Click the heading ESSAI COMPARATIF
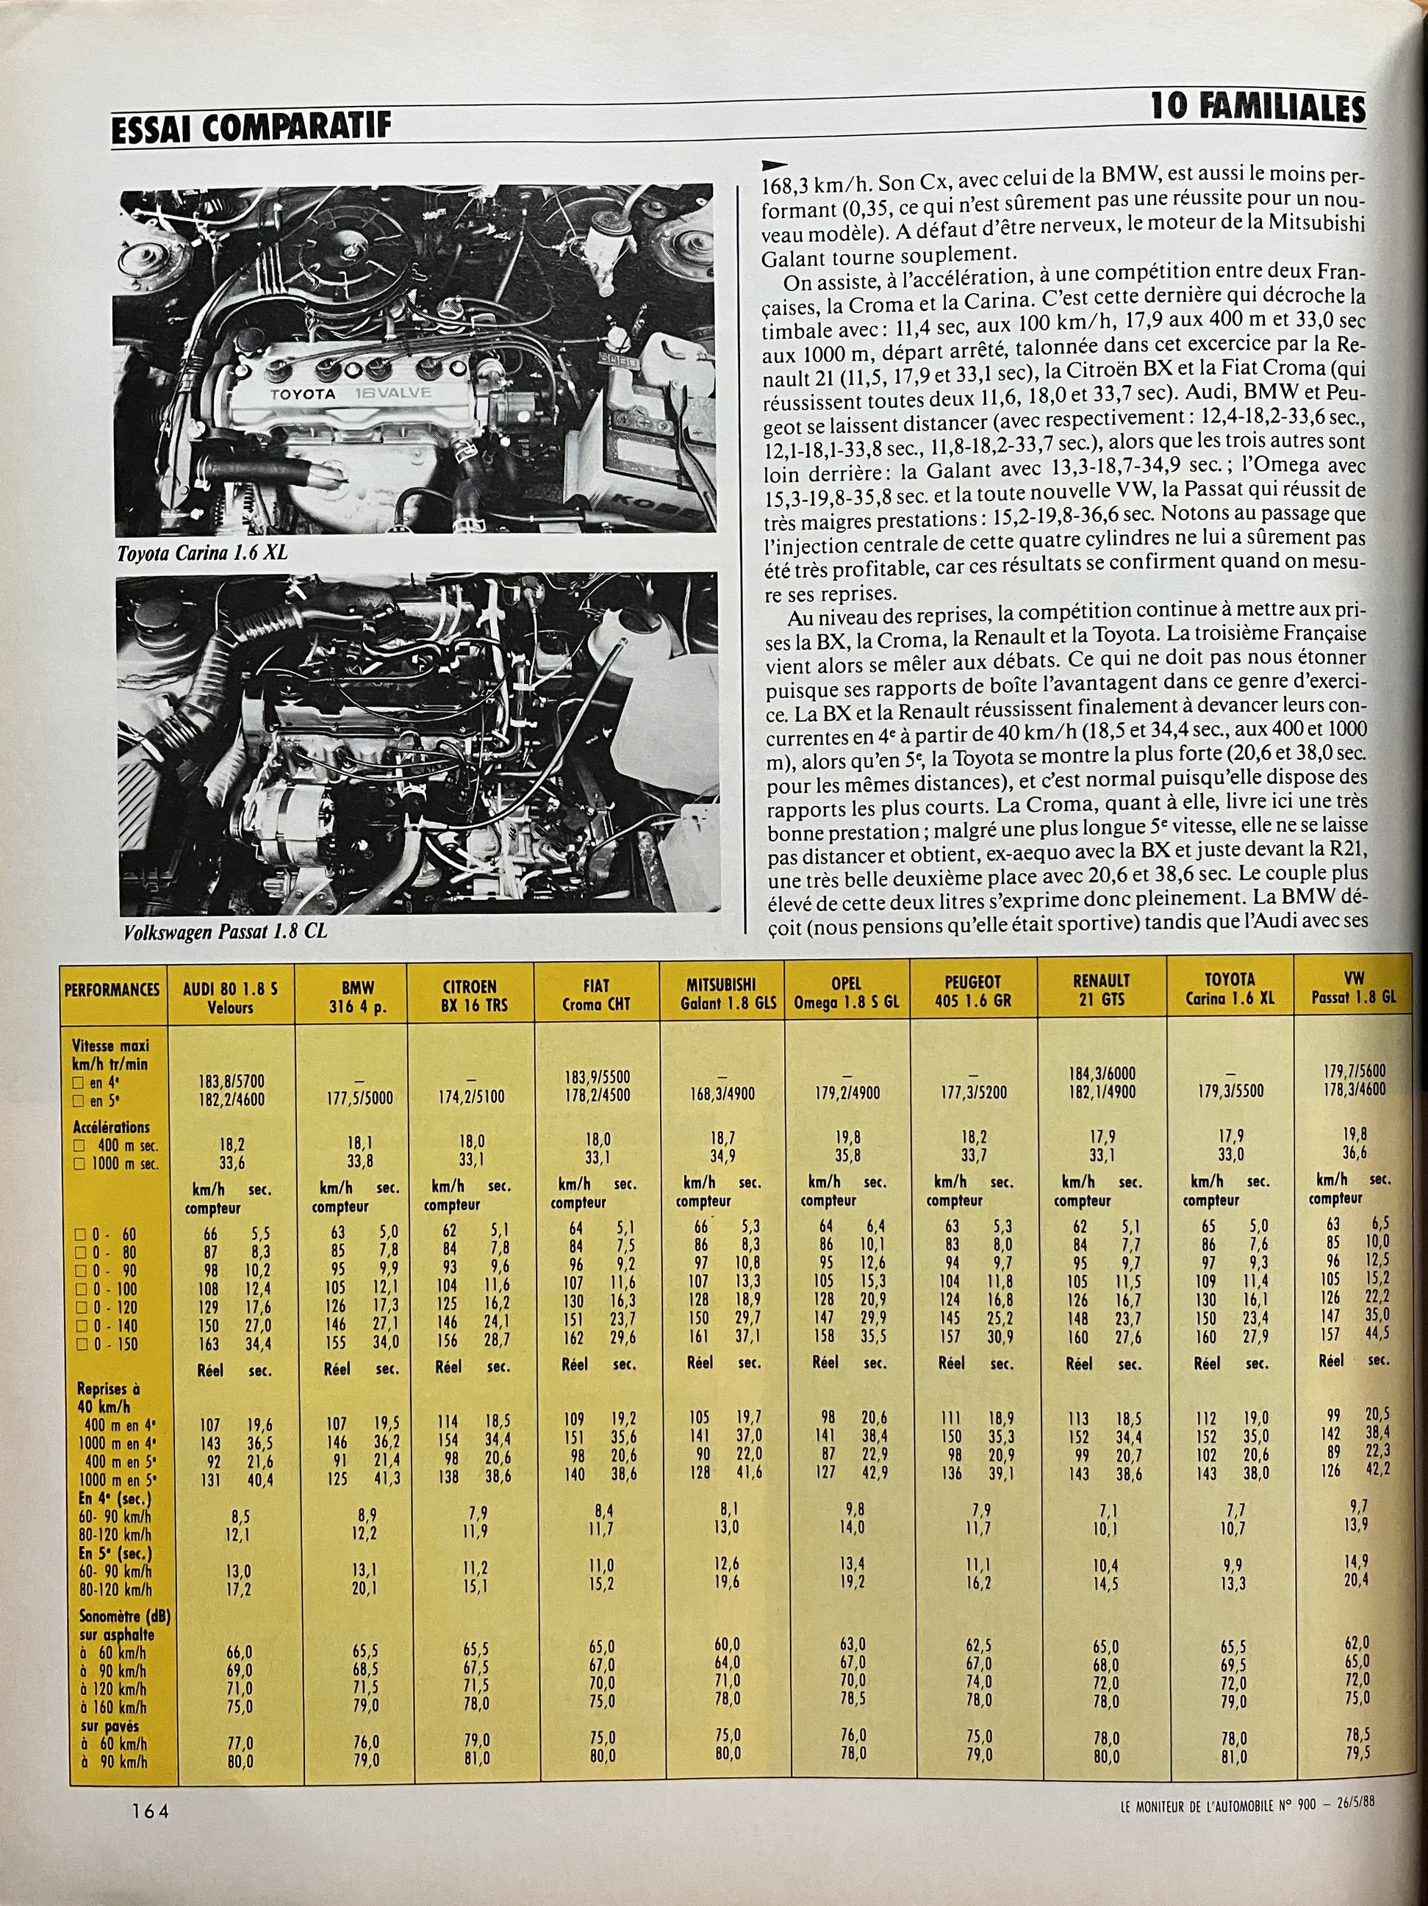(251, 129)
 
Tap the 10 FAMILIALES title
(1258, 109)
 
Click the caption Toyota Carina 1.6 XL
(201, 553)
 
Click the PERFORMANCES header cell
(112, 989)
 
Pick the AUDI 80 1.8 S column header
(230, 997)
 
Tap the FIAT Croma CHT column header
(595, 994)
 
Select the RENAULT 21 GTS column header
(1102, 990)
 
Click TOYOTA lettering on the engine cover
(304, 395)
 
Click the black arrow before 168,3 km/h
(775, 165)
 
